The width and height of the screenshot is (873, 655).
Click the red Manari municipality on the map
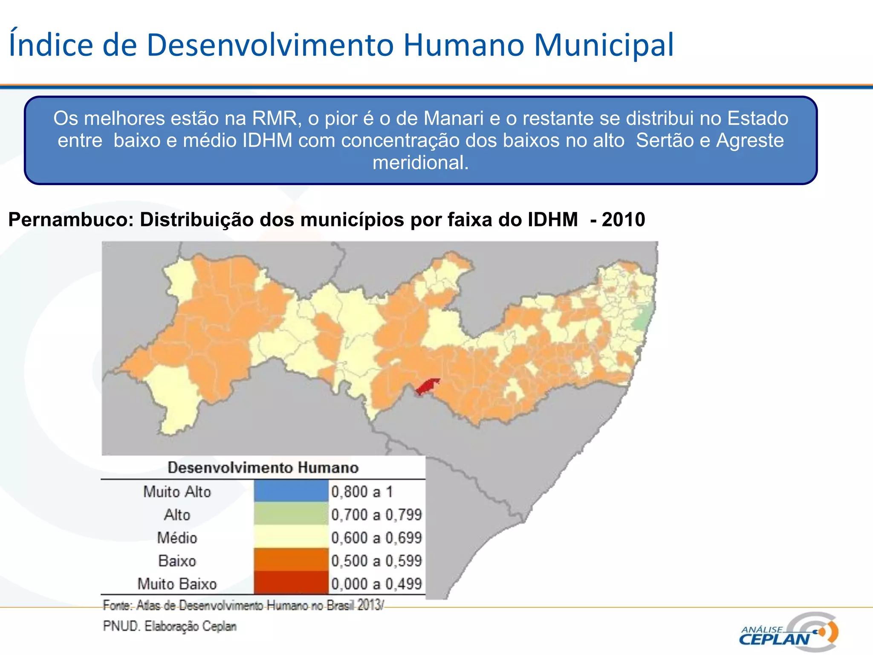(428, 386)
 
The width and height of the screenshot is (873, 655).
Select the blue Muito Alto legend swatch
(291, 491)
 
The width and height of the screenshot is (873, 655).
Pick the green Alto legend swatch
(291, 514)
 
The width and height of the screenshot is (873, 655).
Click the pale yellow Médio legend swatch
(291, 537)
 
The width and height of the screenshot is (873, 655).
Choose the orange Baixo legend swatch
(291, 560)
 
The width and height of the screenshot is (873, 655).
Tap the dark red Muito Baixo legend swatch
(291, 583)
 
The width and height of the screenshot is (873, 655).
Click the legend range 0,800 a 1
(362, 492)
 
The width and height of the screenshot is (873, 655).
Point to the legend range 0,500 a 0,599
(376, 561)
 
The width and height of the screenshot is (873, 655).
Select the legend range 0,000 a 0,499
(376, 584)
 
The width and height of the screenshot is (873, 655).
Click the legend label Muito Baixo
(177, 584)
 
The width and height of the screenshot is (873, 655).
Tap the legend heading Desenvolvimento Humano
(263, 467)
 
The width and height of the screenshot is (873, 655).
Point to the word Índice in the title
(51, 45)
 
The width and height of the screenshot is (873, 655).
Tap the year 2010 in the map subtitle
(623, 220)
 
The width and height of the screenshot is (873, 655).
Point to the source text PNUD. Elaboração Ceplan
(170, 626)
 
